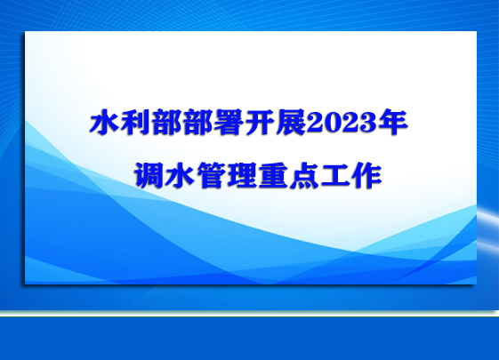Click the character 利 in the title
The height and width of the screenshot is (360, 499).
(135, 122)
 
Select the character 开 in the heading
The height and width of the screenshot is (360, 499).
(260, 122)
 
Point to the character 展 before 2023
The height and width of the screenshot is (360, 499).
(290, 122)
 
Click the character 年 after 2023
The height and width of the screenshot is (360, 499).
(393, 122)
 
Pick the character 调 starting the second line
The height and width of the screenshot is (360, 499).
(149, 175)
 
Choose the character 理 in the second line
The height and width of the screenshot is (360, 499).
(242, 175)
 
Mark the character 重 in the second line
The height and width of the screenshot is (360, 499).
(273, 175)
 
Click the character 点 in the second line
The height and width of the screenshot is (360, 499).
(304, 175)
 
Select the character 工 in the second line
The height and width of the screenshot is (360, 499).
(335, 175)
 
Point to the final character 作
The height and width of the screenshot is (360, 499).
(366, 175)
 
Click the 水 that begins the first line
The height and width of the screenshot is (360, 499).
(104, 122)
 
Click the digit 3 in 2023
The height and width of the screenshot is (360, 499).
(368, 123)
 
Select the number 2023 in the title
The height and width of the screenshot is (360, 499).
(342, 123)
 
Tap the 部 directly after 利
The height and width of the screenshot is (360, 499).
(166, 122)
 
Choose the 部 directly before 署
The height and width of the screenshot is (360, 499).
(197, 122)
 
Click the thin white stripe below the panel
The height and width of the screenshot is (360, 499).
(249, 313)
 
